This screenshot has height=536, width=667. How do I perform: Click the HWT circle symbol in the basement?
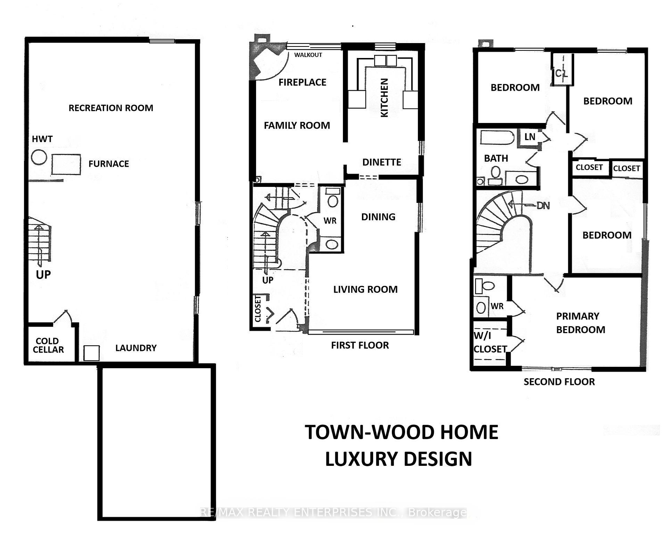[x=39, y=157]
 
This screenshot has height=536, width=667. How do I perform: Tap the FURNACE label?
[x=108, y=164]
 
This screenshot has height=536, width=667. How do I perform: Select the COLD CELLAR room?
[x=48, y=345]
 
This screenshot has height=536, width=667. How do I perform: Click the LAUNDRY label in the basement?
[x=136, y=348]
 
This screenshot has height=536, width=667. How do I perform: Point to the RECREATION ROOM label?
[x=111, y=108]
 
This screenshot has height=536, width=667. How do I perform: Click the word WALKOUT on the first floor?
[x=308, y=55]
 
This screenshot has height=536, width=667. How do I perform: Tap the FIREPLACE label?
[x=302, y=82]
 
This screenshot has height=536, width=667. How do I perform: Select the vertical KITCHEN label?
[x=384, y=98]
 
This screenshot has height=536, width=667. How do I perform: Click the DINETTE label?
[x=381, y=162]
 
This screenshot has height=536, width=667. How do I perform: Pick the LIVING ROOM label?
[x=365, y=289]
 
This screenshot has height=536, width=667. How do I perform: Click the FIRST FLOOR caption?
[x=360, y=345]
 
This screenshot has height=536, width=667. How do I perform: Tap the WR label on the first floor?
[x=330, y=221]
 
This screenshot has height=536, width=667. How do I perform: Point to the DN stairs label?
[x=543, y=206]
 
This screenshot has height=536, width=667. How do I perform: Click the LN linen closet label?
[x=530, y=137]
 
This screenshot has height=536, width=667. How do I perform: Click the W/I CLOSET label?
[x=490, y=343]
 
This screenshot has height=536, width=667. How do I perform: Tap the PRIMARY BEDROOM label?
[x=580, y=323]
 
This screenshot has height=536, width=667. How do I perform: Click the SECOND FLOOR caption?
[x=559, y=382]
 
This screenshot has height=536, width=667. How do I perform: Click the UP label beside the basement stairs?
[x=43, y=275]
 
